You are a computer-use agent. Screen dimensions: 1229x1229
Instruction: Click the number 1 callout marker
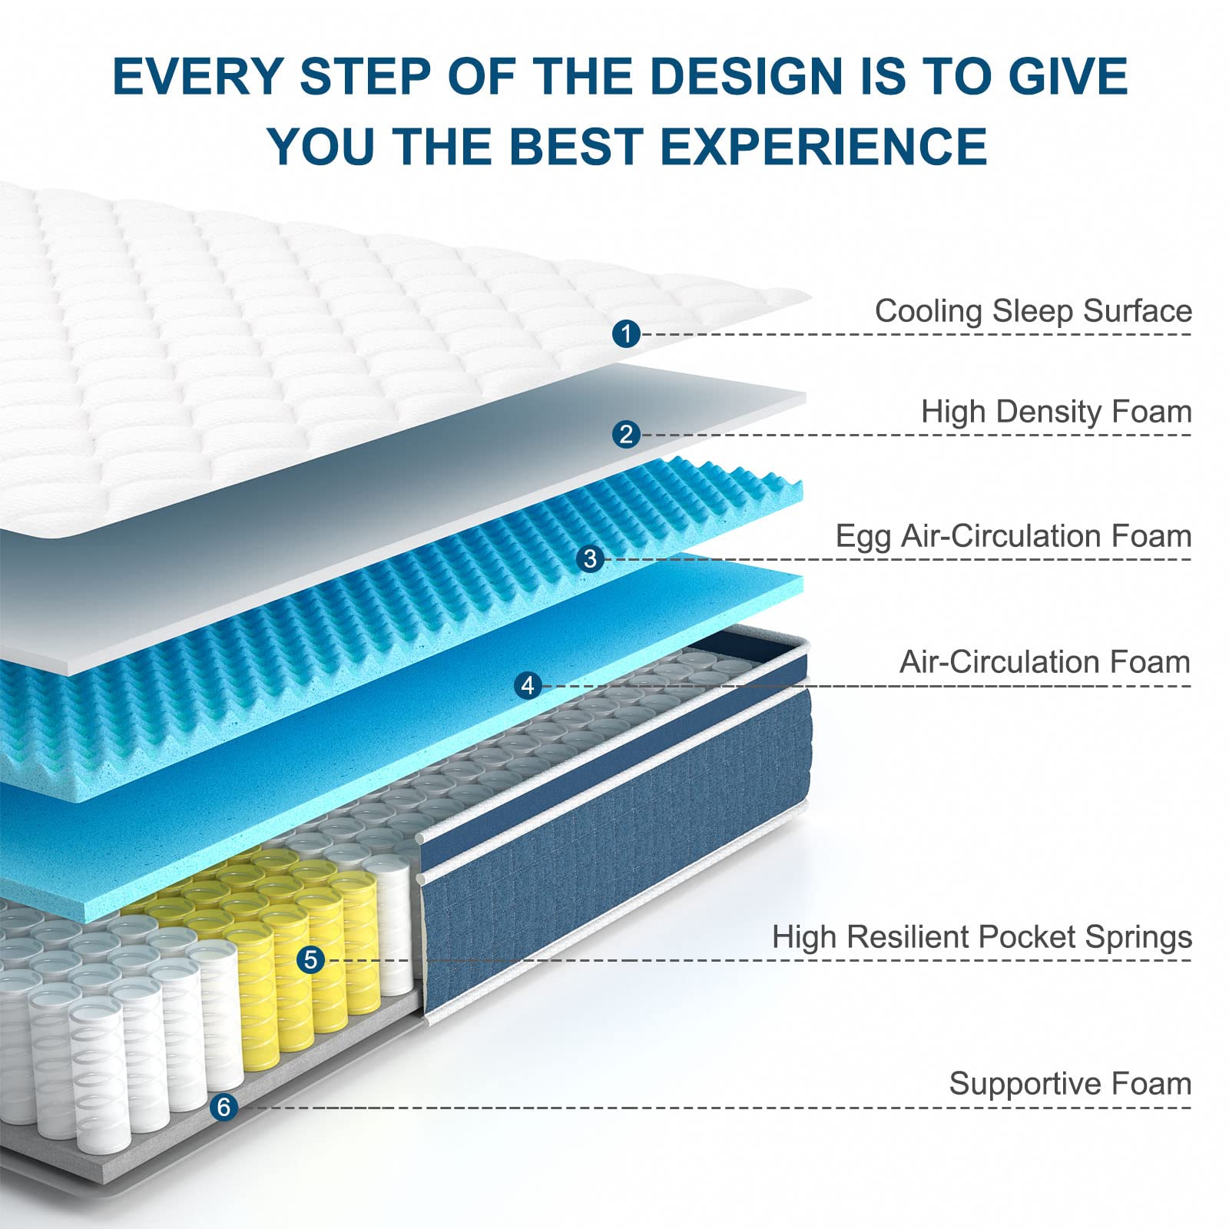(627, 333)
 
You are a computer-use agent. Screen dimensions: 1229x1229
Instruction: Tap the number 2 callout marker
(627, 434)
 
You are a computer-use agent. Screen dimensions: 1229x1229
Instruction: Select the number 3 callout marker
(590, 558)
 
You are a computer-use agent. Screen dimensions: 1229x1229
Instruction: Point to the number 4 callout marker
(528, 685)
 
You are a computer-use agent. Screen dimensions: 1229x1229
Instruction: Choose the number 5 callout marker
(310, 959)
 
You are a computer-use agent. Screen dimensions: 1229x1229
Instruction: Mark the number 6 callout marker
(224, 1107)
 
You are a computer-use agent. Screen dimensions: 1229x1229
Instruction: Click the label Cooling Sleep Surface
(1033, 311)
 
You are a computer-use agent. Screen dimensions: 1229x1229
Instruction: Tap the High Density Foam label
(1056, 412)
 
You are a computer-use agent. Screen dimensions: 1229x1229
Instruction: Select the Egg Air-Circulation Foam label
(1013, 536)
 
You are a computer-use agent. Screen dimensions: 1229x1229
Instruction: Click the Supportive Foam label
(1070, 1084)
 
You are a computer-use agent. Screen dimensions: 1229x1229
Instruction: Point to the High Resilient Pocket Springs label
(982, 937)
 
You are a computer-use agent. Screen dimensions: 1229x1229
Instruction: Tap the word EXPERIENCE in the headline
(823, 146)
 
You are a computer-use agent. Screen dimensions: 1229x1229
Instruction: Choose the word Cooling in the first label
(929, 312)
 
